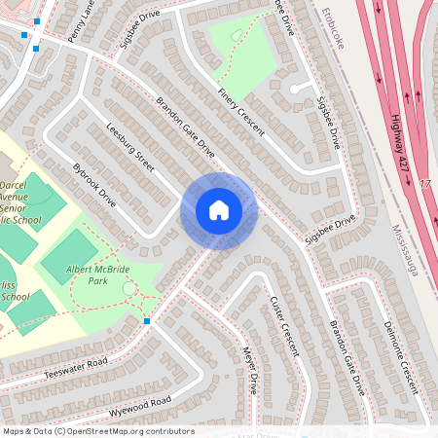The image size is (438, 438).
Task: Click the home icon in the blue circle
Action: pyautogui.click(x=219, y=210)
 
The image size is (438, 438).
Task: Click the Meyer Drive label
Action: pyautogui.click(x=251, y=370)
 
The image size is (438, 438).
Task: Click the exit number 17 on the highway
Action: pyautogui.click(x=424, y=184)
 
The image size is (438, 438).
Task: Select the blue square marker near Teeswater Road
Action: pyautogui.click(x=147, y=320)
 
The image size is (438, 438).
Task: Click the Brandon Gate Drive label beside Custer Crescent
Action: pyautogui.click(x=347, y=355)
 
